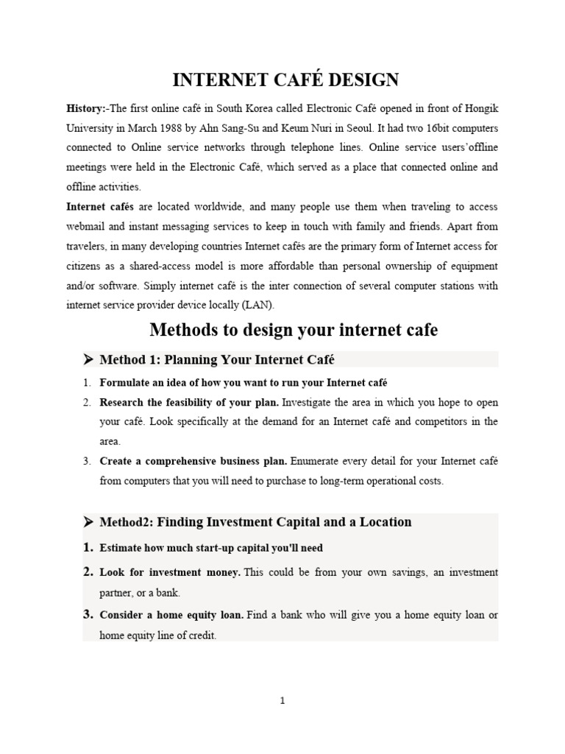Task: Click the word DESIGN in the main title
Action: pos(355,80)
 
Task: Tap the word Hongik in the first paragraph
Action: pos(481,108)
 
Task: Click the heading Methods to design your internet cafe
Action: pos(294,331)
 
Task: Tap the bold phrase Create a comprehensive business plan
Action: pos(193,462)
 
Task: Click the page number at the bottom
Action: pos(282,701)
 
